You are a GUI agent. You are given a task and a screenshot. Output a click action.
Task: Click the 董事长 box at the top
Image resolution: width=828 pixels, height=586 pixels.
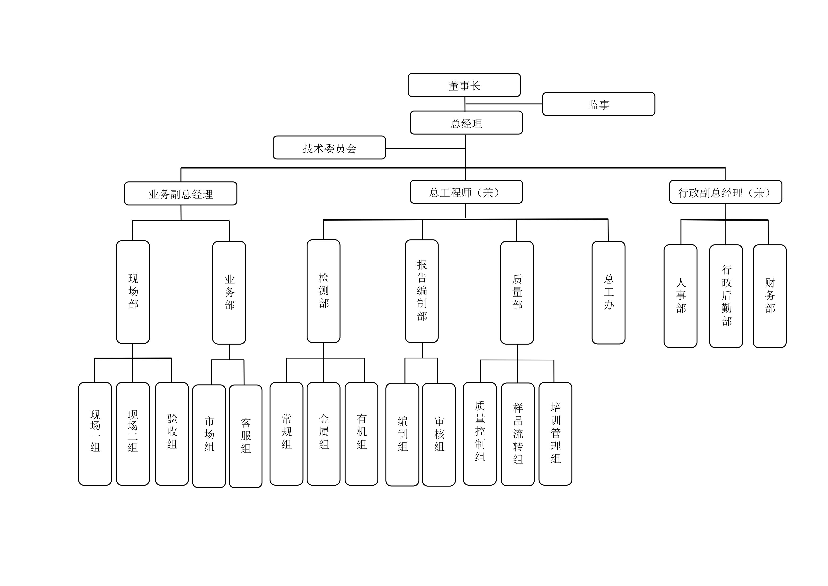coord(464,85)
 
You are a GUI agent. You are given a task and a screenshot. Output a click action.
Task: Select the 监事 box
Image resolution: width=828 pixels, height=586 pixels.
coord(599,104)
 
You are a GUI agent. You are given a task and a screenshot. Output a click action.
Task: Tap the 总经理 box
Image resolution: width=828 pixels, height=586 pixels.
coord(466,123)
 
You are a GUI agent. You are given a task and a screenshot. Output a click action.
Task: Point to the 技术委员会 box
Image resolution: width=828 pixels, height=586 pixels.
coord(329,148)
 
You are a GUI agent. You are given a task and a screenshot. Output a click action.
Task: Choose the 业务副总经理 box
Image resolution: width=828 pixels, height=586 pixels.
coord(181,194)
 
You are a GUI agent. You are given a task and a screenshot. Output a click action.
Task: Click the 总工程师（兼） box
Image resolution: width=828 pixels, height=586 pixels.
coord(466,192)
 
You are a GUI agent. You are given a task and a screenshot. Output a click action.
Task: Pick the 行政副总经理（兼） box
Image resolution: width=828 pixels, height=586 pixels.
coord(726,192)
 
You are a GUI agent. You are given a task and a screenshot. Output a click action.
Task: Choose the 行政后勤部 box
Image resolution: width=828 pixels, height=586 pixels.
coord(726,296)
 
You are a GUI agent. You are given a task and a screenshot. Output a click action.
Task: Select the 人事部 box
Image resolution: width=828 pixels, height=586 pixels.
coord(680,296)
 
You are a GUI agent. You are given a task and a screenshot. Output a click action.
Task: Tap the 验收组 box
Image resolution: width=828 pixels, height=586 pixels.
coord(172,434)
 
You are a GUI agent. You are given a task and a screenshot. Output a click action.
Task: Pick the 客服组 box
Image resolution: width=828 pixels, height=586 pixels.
coord(245,436)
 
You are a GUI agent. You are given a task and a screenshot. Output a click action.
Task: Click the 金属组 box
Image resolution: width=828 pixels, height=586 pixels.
coord(324,434)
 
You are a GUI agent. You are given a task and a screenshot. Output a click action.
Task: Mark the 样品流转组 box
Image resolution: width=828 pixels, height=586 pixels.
coord(518,434)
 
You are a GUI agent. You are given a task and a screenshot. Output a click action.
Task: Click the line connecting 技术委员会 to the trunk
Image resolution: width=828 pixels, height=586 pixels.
coord(426,148)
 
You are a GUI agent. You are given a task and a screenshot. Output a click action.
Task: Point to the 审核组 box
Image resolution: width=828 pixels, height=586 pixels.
coord(439,434)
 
